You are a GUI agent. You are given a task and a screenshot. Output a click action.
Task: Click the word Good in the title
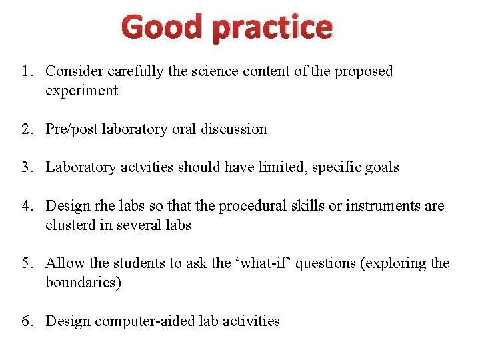[162, 27]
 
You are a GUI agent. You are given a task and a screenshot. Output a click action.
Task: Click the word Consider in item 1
[72, 71]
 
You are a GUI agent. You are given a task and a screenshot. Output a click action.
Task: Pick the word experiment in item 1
[81, 91]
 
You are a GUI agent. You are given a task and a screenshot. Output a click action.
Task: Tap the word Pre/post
[71, 129]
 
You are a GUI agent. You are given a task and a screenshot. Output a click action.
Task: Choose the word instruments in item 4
[382, 207]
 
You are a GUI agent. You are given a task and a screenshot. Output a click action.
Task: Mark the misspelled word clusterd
[71, 225]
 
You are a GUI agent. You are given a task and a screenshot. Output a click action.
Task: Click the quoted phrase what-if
[258, 264]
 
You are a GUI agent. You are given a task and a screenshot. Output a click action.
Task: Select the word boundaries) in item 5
[83, 283]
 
